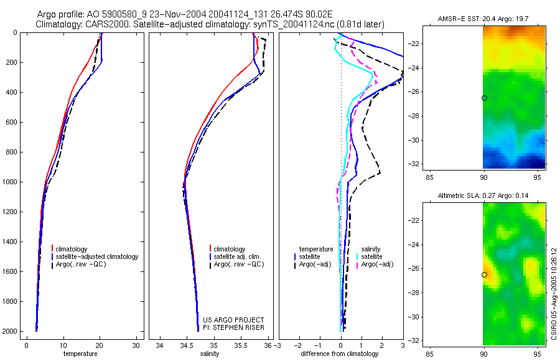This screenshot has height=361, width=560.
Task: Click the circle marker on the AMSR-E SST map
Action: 484,98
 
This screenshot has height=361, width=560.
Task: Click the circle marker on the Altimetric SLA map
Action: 484,275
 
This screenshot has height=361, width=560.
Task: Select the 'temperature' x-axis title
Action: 80,354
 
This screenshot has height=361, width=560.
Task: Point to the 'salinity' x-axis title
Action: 210,354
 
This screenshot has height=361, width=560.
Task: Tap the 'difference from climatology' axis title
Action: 340,354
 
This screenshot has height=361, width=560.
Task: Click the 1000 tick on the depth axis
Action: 11,182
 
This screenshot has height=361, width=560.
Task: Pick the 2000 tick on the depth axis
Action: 11,331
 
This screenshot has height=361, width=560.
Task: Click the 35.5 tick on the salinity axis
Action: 241,346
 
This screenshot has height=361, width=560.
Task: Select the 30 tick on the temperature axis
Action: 136,346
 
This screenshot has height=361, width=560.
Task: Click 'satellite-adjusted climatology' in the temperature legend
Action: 97,256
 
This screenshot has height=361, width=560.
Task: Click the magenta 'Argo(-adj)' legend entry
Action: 377,265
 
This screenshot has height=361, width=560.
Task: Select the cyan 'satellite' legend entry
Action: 371,256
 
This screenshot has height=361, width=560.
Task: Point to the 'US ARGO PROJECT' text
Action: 233,320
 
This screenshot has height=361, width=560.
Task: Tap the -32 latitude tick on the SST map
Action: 414,164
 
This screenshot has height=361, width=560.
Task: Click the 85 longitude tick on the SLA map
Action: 429,354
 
